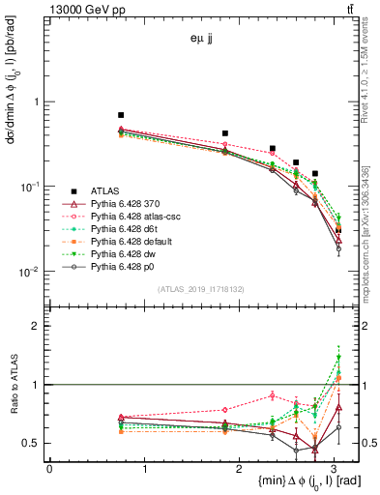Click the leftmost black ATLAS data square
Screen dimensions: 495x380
point(121,115)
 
